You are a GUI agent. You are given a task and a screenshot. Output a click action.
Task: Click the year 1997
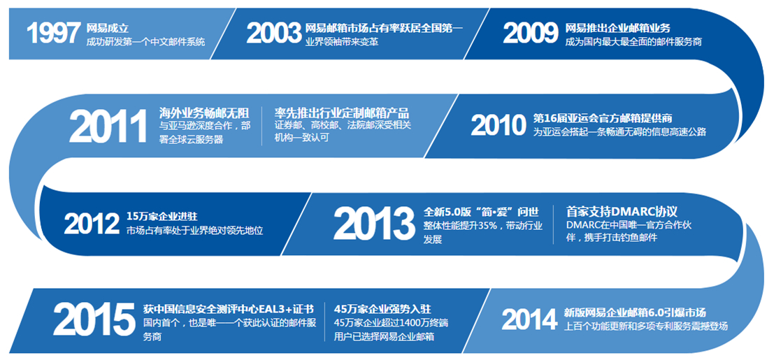tap(52, 34)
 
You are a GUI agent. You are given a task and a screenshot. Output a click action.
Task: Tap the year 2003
tap(274, 34)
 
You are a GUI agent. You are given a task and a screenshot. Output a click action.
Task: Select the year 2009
tap(530, 34)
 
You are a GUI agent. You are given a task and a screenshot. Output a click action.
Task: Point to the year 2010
tap(498, 124)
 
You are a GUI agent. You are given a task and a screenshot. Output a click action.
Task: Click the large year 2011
tap(108, 127)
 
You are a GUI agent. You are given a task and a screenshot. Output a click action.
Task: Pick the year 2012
tap(92, 224)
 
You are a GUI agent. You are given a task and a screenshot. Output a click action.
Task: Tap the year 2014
tap(529, 320)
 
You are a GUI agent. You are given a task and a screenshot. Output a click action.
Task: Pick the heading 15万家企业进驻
tap(162, 216)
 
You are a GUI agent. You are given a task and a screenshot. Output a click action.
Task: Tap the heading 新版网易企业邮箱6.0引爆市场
tap(635, 312)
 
